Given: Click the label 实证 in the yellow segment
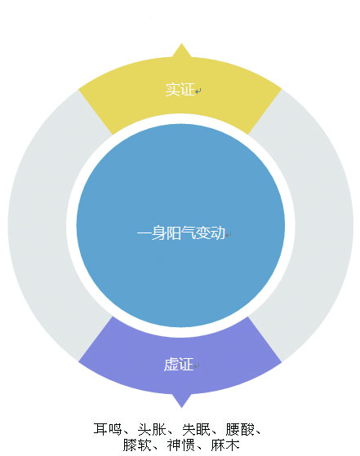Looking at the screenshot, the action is (x=180, y=89).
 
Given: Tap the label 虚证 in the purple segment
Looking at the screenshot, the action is (x=179, y=365).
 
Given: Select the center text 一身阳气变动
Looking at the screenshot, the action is (x=181, y=233).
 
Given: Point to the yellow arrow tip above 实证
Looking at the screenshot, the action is (x=181, y=44).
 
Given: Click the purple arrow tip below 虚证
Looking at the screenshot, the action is (x=182, y=407).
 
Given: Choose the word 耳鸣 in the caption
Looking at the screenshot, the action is (x=107, y=429).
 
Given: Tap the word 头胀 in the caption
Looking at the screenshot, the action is (x=151, y=429).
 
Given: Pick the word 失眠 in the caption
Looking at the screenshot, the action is (x=196, y=429).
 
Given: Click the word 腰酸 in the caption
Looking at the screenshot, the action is (x=240, y=429).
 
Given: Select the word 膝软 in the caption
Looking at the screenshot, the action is (x=136, y=445).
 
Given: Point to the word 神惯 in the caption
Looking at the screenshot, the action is (x=180, y=445).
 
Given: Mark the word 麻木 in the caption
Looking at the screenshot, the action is (x=225, y=445).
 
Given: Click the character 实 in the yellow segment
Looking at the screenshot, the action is (x=172, y=89).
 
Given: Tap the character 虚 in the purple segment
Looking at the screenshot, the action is (x=171, y=365).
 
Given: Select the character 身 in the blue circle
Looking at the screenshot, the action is (x=159, y=233).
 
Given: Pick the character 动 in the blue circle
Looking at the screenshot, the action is (x=218, y=233).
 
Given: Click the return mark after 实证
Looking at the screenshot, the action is (x=198, y=91).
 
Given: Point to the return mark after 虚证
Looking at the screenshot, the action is (x=197, y=366).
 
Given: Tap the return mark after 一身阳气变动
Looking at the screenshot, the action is (x=229, y=234).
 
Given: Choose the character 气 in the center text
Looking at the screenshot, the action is (x=189, y=233).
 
